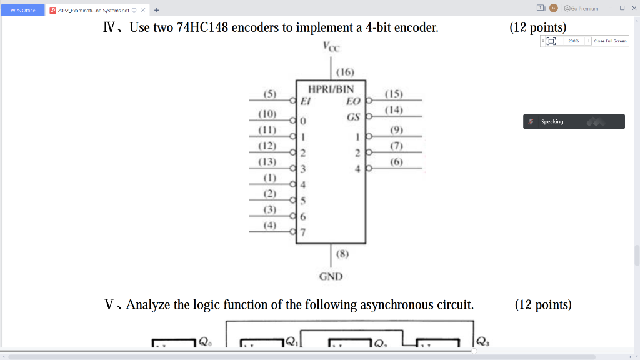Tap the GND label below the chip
(331, 276)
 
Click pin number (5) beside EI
(270, 94)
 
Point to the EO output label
(353, 100)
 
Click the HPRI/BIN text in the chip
(331, 89)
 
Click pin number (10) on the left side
(267, 114)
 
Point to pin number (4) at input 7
(269, 225)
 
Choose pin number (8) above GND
(342, 254)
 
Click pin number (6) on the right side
(396, 162)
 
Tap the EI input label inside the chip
(306, 101)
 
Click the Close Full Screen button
(610, 41)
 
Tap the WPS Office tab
(23, 9)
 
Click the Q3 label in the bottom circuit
(482, 341)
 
